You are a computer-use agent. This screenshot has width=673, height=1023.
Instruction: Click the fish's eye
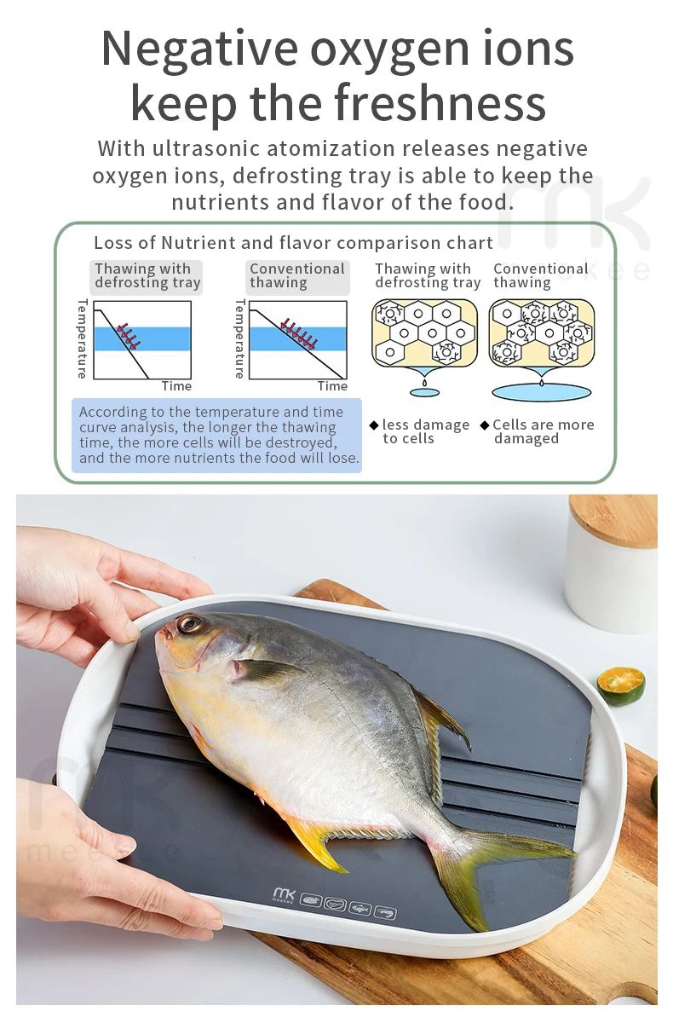click(190, 625)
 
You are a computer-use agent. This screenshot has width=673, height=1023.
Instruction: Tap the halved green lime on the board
click(620, 685)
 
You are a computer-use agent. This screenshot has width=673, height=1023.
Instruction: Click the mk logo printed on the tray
click(284, 895)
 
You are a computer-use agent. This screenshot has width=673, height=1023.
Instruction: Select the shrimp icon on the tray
click(385, 912)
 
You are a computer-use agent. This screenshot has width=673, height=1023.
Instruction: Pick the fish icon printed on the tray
click(360, 908)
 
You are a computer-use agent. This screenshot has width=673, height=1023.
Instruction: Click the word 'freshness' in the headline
click(440, 104)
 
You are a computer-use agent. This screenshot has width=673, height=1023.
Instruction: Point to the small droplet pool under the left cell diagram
click(424, 392)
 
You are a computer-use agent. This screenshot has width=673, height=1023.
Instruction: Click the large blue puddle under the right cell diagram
click(541, 392)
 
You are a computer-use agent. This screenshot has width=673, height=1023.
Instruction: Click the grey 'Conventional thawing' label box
click(296, 276)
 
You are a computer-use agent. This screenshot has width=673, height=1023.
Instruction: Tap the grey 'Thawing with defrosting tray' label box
click(147, 276)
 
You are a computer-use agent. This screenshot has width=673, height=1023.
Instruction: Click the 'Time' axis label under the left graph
click(176, 386)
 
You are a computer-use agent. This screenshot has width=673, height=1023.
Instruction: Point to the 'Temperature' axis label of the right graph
click(240, 338)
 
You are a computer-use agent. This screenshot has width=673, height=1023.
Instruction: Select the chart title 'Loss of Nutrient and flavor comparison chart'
click(293, 243)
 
